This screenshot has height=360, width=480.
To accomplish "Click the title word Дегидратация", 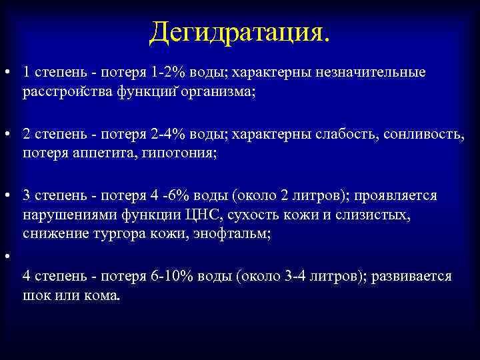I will click(239, 32).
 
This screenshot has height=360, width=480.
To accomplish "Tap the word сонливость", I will click(421, 134).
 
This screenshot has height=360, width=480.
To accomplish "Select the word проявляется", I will click(396, 196).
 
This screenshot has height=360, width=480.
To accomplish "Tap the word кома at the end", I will click(102, 295).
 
